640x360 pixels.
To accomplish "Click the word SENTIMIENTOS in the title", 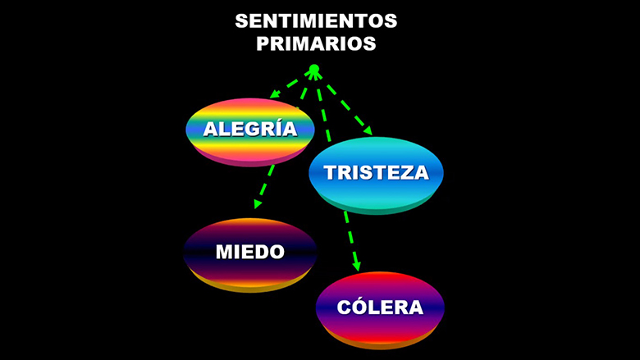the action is point(316,21).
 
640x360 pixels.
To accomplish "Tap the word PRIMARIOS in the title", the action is point(316,43).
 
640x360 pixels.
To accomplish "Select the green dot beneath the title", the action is point(313,69).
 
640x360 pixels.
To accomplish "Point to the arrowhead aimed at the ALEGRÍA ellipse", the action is point(275,93).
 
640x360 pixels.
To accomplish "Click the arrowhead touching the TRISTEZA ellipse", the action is point(368,130).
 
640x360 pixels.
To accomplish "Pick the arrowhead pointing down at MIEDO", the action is point(258,204).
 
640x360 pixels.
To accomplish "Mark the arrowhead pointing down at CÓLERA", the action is point(356,267).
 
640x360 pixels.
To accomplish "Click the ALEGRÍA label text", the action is point(250,129).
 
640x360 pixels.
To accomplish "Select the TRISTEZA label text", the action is point(377,172).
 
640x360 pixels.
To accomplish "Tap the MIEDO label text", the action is point(249,252).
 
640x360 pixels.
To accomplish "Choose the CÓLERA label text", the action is point(380,307).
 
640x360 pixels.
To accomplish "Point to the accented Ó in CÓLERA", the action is point(359,306).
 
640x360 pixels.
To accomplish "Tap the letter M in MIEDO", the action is point(225,252).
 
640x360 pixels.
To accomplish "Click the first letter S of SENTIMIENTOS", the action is point(242,21).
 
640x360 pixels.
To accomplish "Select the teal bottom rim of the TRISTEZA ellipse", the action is point(377,207).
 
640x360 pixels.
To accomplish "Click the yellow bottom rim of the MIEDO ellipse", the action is point(249,286).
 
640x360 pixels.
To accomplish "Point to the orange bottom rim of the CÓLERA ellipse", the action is point(380,344).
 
